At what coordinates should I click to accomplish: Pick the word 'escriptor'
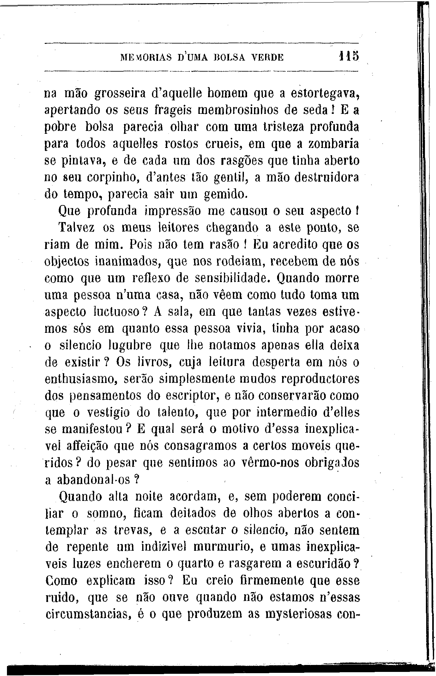point(183,396)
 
